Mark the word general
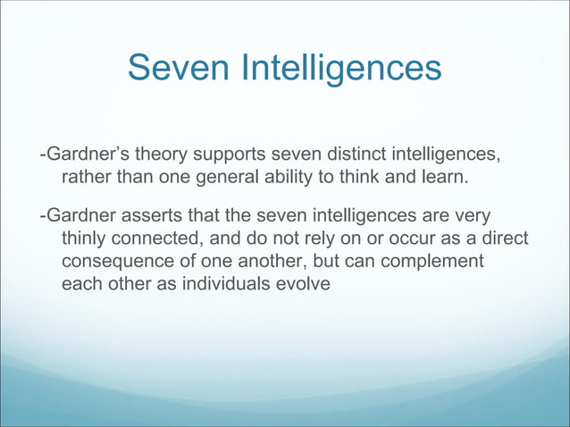pos(217,178)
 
